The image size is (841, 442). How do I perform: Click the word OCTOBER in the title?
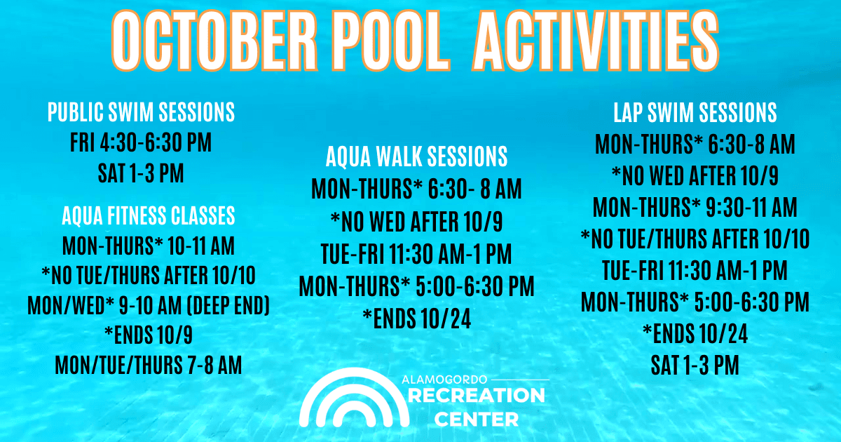click(x=214, y=41)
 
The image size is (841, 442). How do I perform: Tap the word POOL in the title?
click(x=391, y=41)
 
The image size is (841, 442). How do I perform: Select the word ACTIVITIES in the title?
click(x=596, y=41)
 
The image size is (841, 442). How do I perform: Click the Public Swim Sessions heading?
click(x=141, y=112)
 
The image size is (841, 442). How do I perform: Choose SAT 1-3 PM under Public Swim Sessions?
click(x=141, y=173)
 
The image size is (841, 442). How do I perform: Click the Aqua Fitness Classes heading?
click(x=149, y=215)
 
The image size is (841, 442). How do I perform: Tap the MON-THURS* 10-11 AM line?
click(x=149, y=246)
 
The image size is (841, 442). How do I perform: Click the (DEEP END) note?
click(x=228, y=305)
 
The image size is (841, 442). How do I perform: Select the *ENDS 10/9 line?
click(x=149, y=335)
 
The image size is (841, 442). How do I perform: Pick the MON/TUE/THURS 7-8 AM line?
click(x=149, y=365)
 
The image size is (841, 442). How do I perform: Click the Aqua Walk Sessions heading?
click(x=417, y=156)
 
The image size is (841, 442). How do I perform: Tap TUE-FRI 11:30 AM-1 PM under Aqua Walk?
click(x=417, y=254)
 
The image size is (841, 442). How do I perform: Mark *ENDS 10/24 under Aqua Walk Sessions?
click(x=417, y=319)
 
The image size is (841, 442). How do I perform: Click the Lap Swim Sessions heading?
click(x=695, y=112)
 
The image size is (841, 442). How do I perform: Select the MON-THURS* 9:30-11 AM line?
click(x=695, y=207)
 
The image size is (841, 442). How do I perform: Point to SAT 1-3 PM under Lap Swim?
click(x=695, y=365)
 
